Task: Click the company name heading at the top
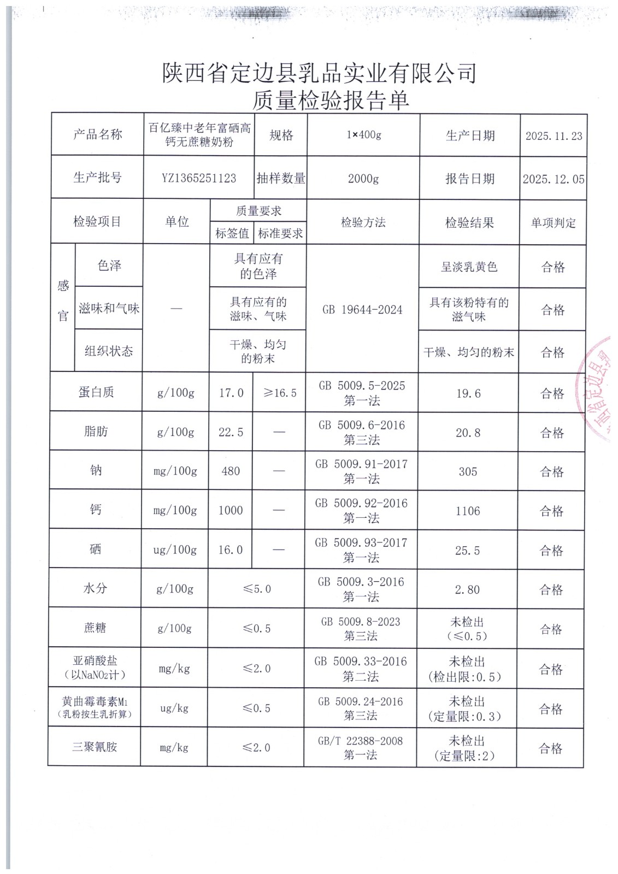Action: tap(319, 73)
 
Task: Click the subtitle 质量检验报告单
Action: tap(330, 100)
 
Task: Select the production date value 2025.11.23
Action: tap(554, 136)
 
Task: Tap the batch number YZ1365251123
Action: tap(199, 178)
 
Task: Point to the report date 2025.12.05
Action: tap(553, 179)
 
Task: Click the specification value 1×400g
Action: tap(363, 135)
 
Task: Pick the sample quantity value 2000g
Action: tap(363, 179)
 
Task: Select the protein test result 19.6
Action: tap(468, 393)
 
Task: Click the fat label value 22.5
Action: tap(231, 432)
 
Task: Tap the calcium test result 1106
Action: tap(468, 511)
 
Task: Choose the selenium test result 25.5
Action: tap(468, 551)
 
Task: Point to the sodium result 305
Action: tap(468, 471)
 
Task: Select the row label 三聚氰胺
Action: tap(95, 747)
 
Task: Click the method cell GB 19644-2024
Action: tap(362, 310)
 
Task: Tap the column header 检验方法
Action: tap(363, 222)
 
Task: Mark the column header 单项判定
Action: tap(553, 223)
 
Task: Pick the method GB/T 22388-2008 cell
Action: tap(360, 748)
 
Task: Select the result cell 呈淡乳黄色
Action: tap(469, 267)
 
